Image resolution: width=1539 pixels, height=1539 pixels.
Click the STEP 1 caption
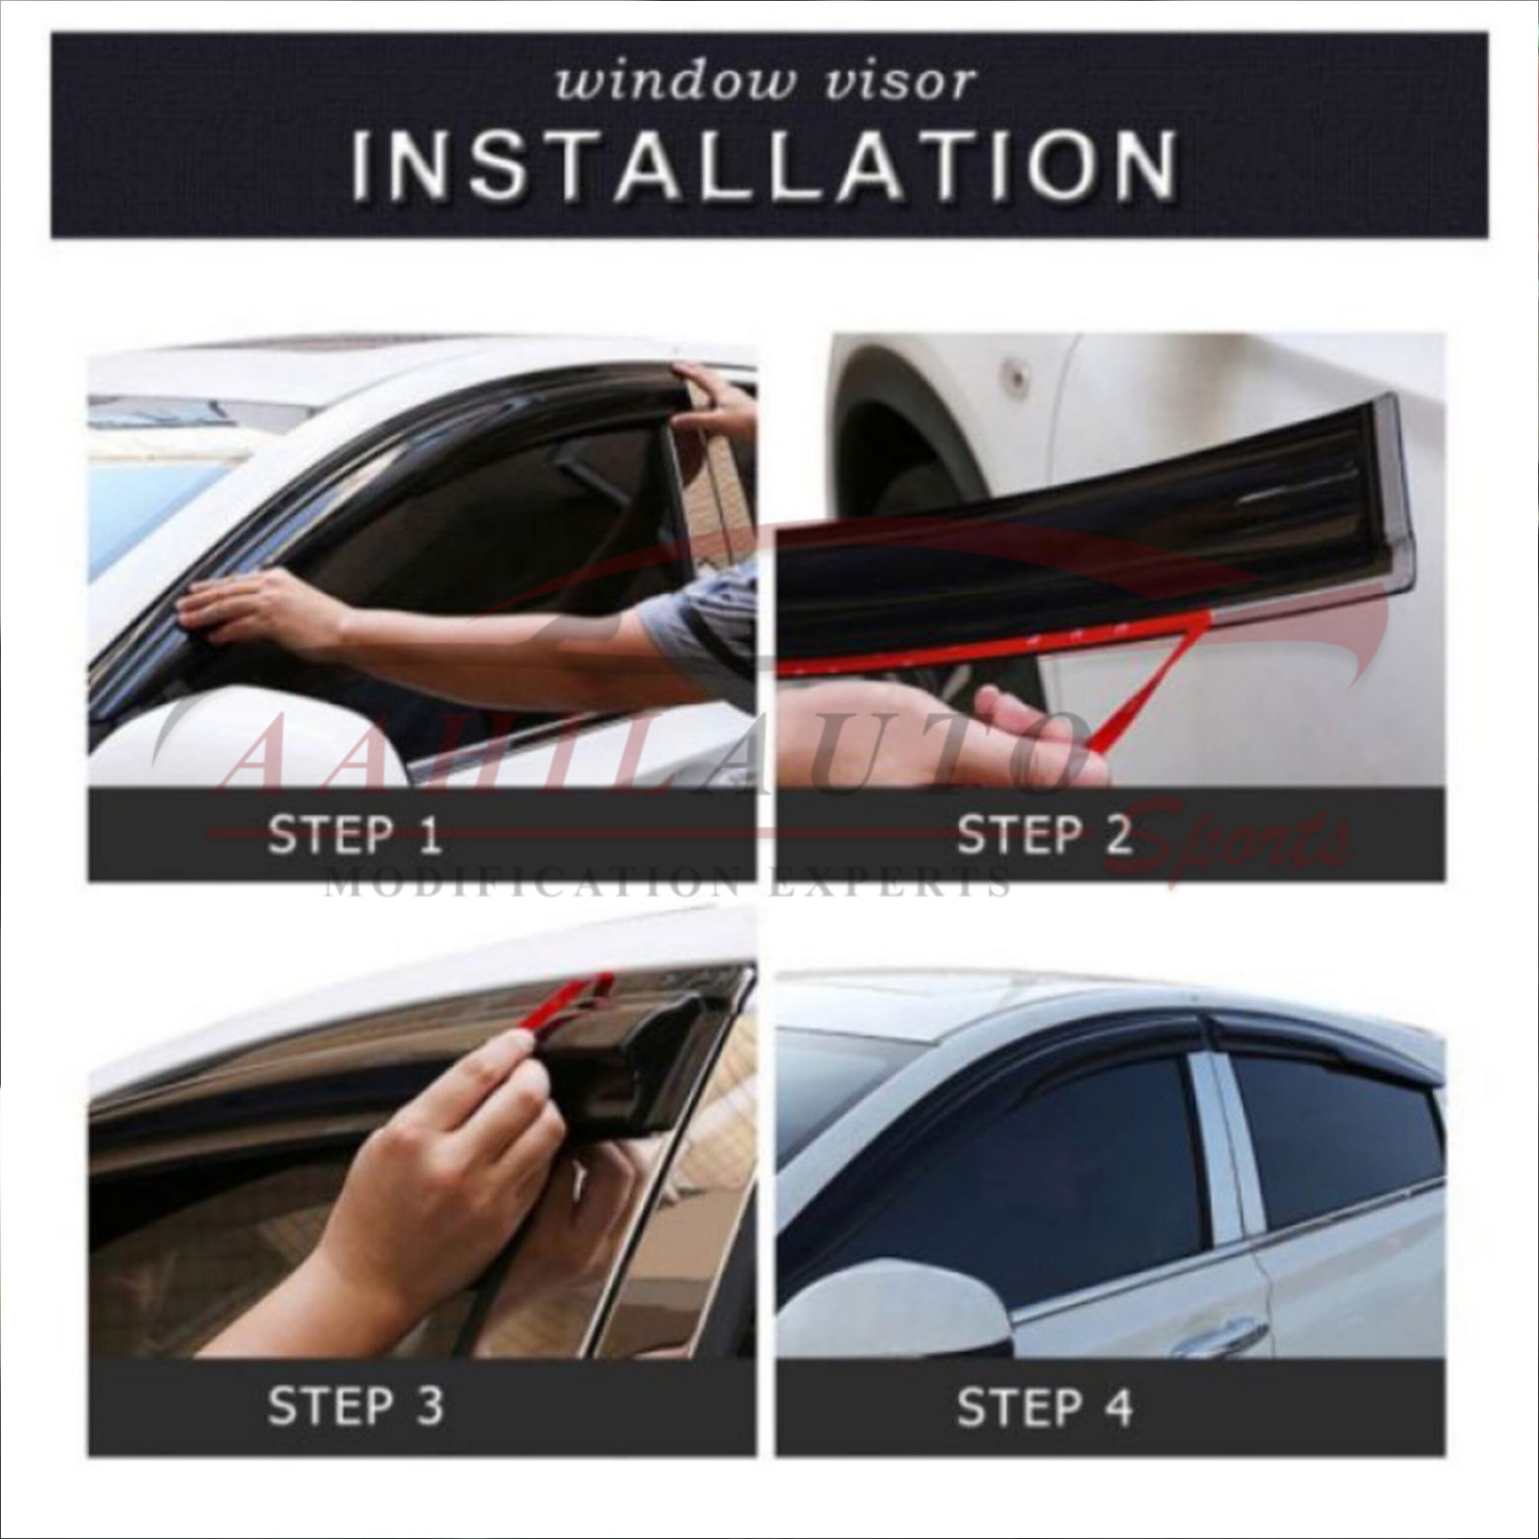[355, 836]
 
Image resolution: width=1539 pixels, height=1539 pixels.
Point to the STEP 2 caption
[1044, 836]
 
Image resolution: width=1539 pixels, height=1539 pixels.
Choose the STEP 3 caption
[355, 1406]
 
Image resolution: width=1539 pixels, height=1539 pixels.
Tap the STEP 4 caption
[1044, 1406]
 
